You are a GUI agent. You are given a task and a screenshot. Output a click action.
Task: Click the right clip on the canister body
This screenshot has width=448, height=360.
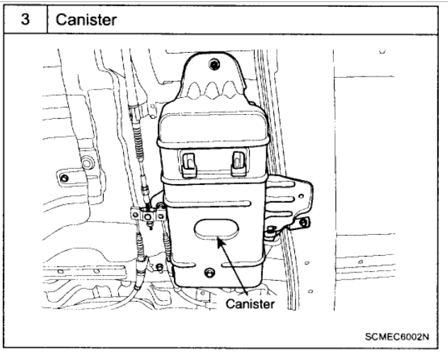click(x=238, y=161)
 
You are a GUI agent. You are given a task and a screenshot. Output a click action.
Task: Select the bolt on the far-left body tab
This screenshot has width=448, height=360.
click(x=64, y=179)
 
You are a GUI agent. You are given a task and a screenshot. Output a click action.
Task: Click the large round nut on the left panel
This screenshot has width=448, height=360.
click(x=88, y=164)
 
